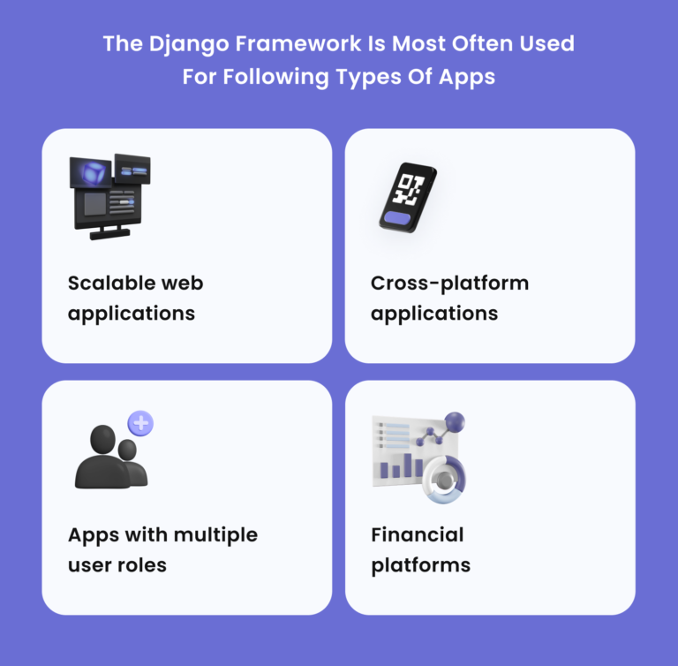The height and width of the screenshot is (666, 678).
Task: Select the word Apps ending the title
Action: (466, 76)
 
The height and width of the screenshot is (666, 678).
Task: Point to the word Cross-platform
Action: (449, 284)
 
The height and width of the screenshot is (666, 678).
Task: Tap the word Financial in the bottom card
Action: (417, 534)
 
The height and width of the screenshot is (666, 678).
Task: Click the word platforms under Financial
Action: (420, 565)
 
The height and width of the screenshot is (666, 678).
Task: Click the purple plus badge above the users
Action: (140, 422)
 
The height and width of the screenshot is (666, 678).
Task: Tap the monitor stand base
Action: (109, 234)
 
